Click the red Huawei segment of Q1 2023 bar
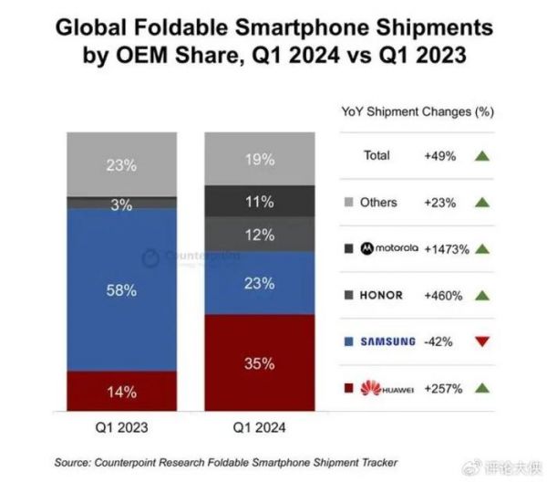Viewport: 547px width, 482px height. (122, 392)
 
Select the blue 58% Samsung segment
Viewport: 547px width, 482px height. (122, 290)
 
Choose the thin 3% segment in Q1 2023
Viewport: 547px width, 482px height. (122, 204)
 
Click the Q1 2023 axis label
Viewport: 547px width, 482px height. (122, 425)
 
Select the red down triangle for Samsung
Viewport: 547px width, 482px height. (482, 341)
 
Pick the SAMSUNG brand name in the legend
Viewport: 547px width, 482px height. (389, 342)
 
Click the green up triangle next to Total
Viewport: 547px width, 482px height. (482, 156)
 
